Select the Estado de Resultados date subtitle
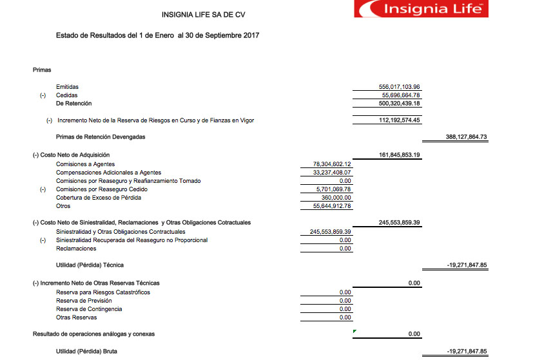158,35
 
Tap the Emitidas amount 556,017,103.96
400,87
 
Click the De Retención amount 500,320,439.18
400,104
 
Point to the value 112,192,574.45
400,120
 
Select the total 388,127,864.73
465,137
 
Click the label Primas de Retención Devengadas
101,137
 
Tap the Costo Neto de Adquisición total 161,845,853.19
400,155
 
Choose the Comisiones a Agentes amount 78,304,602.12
331,164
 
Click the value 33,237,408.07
331,173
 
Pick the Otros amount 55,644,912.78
331,206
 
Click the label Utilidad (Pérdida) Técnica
90,265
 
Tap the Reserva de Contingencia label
89,309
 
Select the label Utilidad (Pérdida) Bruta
87,352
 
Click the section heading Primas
41,70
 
